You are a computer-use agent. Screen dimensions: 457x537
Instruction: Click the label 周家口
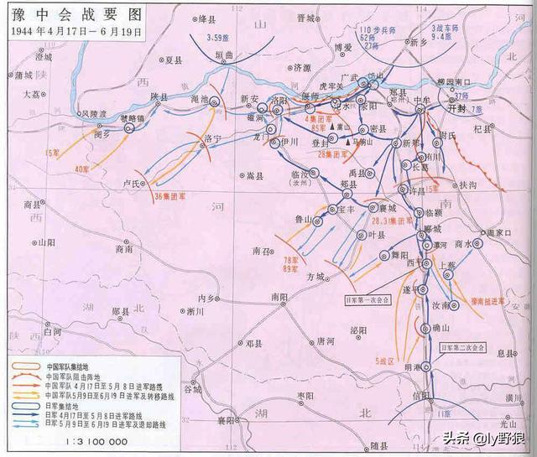coord(502,232)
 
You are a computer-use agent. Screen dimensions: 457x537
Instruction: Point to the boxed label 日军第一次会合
coord(367,299)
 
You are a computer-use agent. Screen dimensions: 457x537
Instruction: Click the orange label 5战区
coord(388,361)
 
